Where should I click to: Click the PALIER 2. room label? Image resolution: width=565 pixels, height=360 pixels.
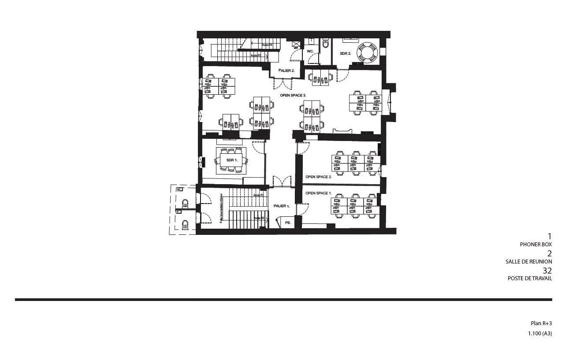tap(286, 71)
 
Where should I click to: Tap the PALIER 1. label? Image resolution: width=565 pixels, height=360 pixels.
tap(282, 206)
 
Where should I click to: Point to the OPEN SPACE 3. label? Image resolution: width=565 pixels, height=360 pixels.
tap(293, 95)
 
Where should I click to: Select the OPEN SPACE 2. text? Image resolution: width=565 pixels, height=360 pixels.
tap(318, 177)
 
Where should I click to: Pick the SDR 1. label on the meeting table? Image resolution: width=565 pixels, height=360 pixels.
tap(232, 160)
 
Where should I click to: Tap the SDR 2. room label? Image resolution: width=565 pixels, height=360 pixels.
tap(346, 53)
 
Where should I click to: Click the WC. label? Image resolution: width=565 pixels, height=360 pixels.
tap(310, 51)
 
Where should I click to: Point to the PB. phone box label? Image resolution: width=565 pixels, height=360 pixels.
tap(288, 223)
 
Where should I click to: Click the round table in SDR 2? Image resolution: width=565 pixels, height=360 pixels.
tap(367, 52)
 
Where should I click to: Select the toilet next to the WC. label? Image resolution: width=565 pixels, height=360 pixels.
tap(326, 44)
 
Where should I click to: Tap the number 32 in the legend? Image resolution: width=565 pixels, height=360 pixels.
tap(547, 271)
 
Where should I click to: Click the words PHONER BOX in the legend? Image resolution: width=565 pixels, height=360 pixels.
tap(535, 244)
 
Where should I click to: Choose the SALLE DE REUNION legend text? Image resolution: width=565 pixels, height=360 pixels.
tap(528, 261)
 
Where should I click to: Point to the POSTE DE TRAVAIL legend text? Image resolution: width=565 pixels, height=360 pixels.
tap(529, 278)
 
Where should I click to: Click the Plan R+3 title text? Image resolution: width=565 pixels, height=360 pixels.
tap(541, 323)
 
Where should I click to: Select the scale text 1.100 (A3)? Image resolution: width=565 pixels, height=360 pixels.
tap(540, 334)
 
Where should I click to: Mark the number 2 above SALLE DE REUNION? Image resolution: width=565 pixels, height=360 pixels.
tap(549, 253)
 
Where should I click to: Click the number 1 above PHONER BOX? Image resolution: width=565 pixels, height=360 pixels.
tap(550, 236)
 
